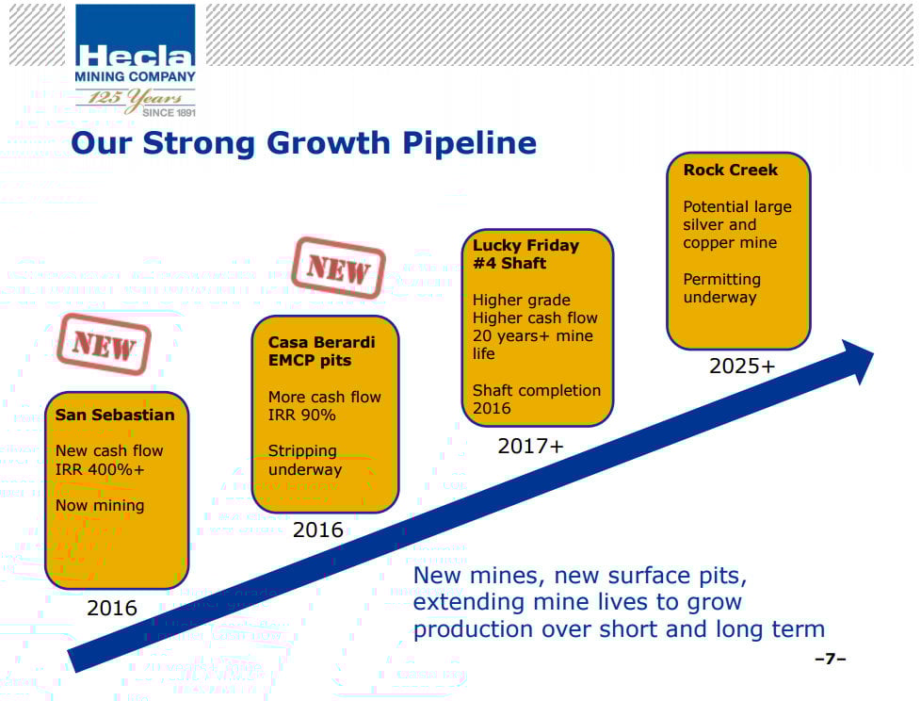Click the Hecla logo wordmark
[135, 56]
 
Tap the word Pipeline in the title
[469, 144]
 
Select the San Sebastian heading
[115, 415]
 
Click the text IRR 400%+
[100, 469]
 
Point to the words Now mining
[100, 506]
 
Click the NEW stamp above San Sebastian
[104, 344]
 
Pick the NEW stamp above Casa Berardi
[338, 269]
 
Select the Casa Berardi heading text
[321, 351]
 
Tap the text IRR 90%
[302, 416]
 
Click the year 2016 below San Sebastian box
[112, 608]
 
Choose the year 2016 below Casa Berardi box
[317, 530]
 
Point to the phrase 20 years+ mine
[533, 336]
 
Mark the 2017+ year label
[530, 447]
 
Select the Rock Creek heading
[730, 170]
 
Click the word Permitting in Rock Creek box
[722, 279]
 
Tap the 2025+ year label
[742, 367]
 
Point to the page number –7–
[831, 659]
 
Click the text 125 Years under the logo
[135, 98]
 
